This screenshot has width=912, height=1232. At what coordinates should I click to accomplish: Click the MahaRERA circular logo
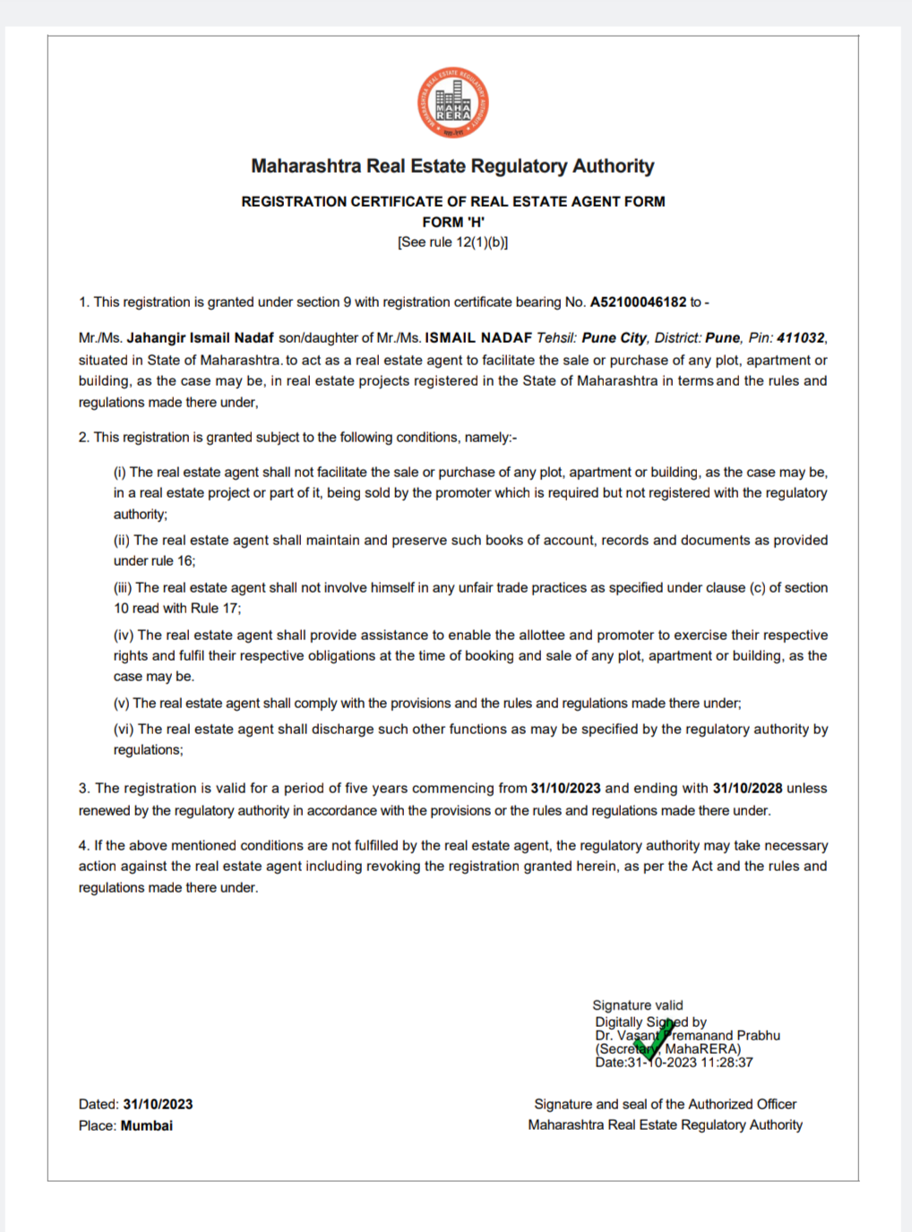point(453,103)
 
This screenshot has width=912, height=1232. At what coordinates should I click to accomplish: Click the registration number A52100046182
point(638,303)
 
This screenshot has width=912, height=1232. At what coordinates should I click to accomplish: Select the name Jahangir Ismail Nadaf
point(200,338)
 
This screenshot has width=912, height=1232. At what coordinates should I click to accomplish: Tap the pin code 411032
point(800,338)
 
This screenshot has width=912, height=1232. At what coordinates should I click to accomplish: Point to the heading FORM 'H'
point(453,222)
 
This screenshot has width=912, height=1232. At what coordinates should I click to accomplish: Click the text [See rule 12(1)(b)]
point(453,243)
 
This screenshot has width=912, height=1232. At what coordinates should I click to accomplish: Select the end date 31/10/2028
point(747,789)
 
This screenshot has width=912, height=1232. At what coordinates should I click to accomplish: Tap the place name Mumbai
point(147,1125)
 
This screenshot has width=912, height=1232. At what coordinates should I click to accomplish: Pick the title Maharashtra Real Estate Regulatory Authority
point(452,167)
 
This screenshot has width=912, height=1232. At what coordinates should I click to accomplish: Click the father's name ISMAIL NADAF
point(478,338)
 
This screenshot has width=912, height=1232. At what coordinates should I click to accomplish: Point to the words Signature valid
point(637,1005)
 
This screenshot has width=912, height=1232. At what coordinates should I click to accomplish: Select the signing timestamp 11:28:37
point(727,1063)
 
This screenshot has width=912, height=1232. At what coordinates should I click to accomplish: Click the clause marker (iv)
point(124,636)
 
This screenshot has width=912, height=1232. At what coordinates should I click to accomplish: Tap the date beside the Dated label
point(158,1105)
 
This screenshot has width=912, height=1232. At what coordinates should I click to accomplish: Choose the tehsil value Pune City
point(614,338)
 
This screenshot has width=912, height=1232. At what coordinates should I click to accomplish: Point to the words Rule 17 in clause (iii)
point(214,609)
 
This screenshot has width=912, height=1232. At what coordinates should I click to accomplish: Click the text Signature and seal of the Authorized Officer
point(665,1105)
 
